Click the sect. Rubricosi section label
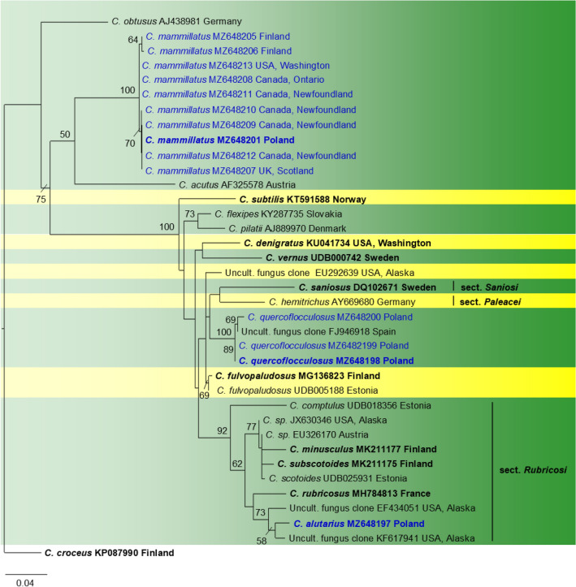533,470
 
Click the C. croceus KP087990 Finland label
109,553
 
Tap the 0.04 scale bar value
26,582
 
